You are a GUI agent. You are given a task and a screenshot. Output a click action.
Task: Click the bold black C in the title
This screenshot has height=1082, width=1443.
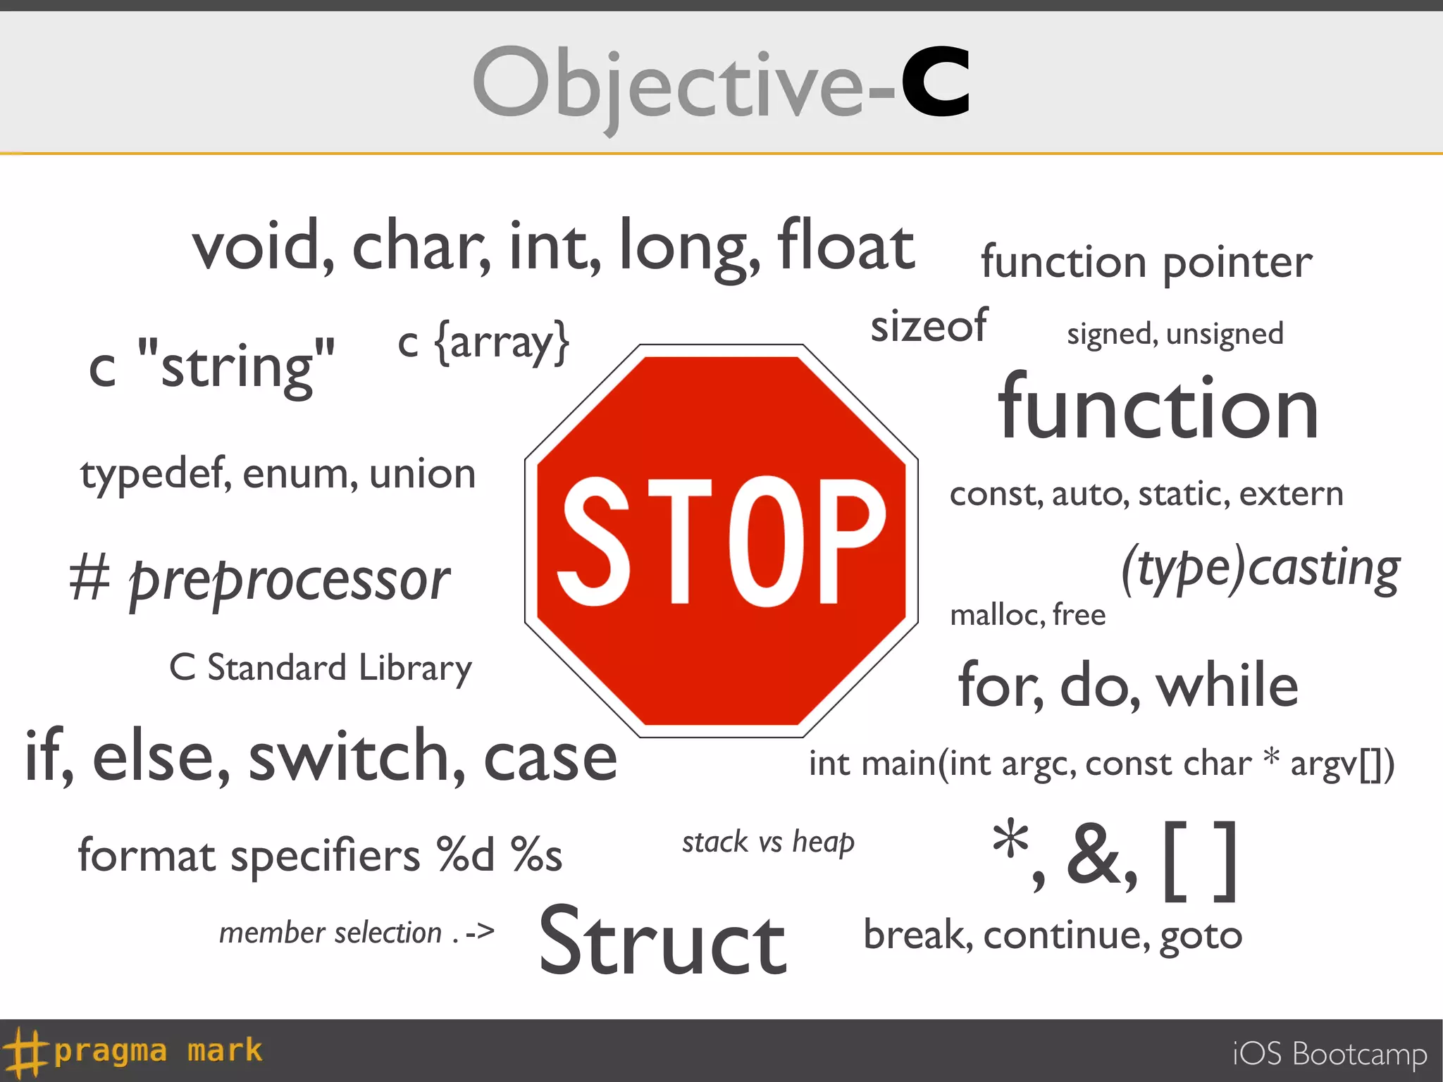pos(936,82)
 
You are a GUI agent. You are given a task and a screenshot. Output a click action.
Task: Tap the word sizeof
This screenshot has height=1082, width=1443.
pos(929,326)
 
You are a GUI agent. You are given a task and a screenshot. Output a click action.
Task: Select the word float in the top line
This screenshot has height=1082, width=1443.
pos(846,245)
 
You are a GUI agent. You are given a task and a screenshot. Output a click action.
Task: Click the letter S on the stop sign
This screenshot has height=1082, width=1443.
pos(593,541)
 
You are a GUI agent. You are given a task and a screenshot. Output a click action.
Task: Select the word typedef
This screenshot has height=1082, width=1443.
pos(156,474)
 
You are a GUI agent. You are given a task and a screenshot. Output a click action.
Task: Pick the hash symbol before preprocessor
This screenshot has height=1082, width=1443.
pos(90,578)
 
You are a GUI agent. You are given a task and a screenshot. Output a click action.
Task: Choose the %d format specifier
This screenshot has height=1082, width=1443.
pos(465,855)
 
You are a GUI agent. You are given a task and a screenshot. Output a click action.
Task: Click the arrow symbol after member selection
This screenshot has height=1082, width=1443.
pos(480,933)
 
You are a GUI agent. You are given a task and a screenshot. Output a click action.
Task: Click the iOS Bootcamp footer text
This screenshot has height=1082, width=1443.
pos(1330,1054)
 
